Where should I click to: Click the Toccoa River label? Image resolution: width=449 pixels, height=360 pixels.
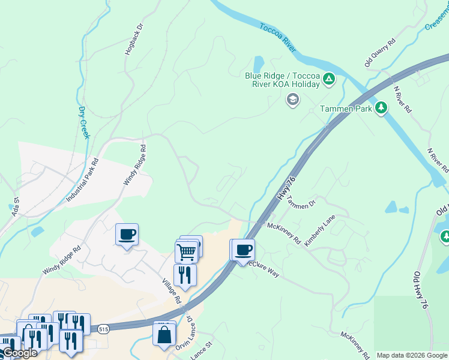(x=278, y=38)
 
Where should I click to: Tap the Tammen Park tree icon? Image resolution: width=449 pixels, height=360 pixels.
(x=381, y=107)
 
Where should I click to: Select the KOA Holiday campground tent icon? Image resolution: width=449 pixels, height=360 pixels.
(x=329, y=79)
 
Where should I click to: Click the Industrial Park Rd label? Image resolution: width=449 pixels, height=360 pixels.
(x=82, y=179)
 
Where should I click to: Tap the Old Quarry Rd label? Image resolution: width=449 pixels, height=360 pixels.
(x=380, y=52)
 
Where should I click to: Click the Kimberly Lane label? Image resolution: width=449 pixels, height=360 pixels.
(x=319, y=230)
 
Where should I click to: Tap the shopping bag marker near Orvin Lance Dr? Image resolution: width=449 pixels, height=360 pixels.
(x=164, y=335)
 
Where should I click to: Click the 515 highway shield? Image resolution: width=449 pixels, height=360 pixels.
(x=103, y=329)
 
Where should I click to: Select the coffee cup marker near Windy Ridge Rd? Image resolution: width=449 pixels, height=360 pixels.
(x=127, y=235)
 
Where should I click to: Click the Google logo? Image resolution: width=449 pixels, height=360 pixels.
(x=20, y=353)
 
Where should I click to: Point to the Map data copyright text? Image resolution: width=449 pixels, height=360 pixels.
(x=412, y=355)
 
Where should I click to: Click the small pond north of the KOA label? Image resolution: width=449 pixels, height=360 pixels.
(x=259, y=63)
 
